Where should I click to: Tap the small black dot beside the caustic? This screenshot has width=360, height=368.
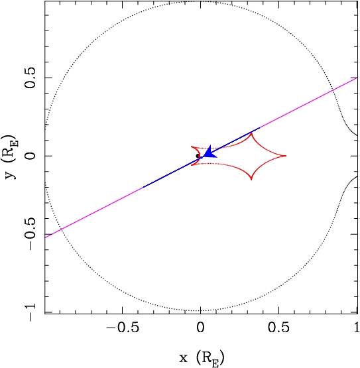pyautogui.click(x=198, y=156)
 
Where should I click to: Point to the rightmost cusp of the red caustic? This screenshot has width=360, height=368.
pyautogui.click(x=286, y=156)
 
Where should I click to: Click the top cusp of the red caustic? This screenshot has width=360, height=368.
pyautogui.click(x=251, y=133)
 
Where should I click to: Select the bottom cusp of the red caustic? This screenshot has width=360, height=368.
pyautogui.click(x=251, y=180)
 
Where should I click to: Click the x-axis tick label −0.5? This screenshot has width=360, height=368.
pyautogui.click(x=122, y=328)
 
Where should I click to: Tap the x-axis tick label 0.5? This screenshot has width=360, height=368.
pyautogui.click(x=278, y=328)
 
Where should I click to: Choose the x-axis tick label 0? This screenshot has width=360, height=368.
pyautogui.click(x=200, y=328)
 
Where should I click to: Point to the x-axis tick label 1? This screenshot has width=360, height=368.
pyautogui.click(x=357, y=328)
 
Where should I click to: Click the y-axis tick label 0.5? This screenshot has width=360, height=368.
pyautogui.click(x=30, y=78)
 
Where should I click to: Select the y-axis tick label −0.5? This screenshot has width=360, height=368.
pyautogui.click(x=30, y=234)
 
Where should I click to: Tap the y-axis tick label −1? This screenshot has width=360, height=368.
pyautogui.click(x=30, y=312)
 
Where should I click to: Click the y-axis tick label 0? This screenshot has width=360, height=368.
pyautogui.click(x=30, y=156)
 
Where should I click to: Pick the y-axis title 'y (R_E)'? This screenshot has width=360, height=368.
pyautogui.click(x=10, y=157)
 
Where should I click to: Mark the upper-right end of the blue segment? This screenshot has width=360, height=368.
pyautogui.click(x=259, y=128)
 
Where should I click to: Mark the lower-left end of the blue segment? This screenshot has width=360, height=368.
pyautogui.click(x=144, y=187)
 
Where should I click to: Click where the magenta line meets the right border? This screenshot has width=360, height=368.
pyautogui.click(x=357, y=78)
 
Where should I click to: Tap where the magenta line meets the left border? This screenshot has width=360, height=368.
pyautogui.click(x=45, y=237)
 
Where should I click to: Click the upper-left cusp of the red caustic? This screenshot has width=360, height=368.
pyautogui.click(x=192, y=147)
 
